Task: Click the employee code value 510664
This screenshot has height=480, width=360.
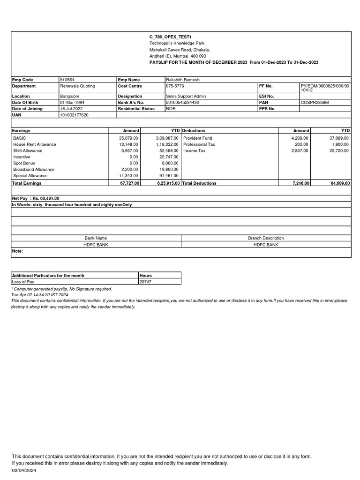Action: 67,80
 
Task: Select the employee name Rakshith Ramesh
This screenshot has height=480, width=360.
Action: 182,80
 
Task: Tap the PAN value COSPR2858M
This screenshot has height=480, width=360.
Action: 315,102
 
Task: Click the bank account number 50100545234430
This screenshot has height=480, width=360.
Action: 182,102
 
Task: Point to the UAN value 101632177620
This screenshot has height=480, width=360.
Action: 74,115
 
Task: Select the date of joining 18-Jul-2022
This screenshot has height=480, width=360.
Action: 71,108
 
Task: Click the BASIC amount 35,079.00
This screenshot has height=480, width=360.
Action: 129,138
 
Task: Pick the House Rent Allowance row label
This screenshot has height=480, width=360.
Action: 35,144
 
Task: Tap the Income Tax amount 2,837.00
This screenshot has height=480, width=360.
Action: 300,150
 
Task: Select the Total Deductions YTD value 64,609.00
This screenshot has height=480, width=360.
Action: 340,183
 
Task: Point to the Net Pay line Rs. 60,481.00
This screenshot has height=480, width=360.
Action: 36,198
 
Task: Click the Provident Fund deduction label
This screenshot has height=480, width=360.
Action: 197,138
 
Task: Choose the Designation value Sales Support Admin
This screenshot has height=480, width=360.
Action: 186,96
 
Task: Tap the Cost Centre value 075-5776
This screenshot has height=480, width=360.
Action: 175,86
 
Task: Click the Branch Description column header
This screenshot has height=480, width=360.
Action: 266,238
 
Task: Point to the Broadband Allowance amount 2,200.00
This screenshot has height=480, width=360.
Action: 129,169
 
